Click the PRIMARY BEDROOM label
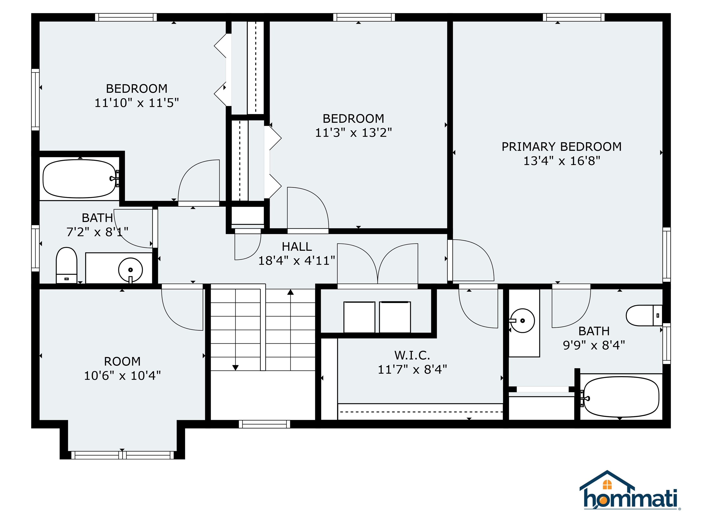click(561, 147)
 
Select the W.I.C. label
click(412, 355)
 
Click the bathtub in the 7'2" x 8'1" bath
click(80, 179)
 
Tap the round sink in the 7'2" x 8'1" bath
click(130, 270)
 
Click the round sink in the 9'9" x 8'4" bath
click(522, 321)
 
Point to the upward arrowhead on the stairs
click(290, 292)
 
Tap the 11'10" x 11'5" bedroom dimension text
click(137, 103)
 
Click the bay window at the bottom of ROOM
click(122, 455)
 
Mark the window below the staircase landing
click(264, 424)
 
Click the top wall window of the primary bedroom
click(574, 17)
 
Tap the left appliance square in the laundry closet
click(359, 317)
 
